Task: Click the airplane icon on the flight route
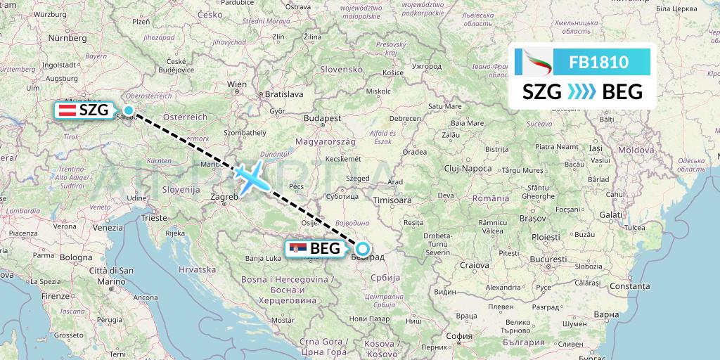pyautogui.click(x=252, y=176)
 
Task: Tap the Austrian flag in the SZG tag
pyautogui.click(x=68, y=110)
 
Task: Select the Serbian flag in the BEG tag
pyautogui.click(x=297, y=248)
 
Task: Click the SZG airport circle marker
pyautogui.click(x=129, y=110)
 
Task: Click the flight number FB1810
pyautogui.click(x=598, y=63)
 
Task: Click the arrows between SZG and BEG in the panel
pyautogui.click(x=581, y=91)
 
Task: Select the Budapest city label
pyautogui.click(x=322, y=119)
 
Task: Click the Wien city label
pyautogui.click(x=237, y=84)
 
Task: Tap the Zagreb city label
pyautogui.click(x=224, y=198)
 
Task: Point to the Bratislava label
pyautogui.click(x=283, y=94)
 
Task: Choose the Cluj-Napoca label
pyautogui.click(x=468, y=168)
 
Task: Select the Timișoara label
pyautogui.click(x=392, y=200)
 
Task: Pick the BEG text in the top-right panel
pyautogui.click(x=623, y=91)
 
